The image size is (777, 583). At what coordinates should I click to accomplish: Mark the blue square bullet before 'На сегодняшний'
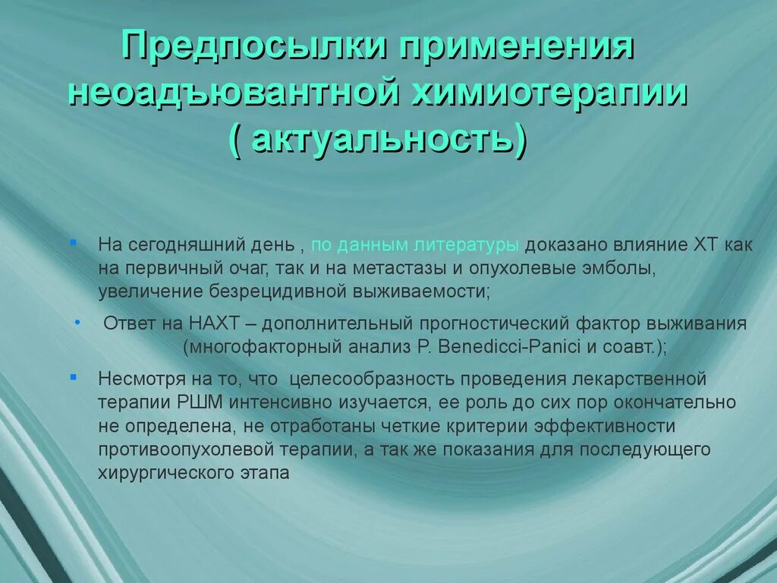[73, 242]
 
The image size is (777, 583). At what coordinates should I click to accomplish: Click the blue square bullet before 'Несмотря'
[73, 376]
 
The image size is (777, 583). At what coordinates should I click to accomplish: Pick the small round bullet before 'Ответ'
[78, 322]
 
